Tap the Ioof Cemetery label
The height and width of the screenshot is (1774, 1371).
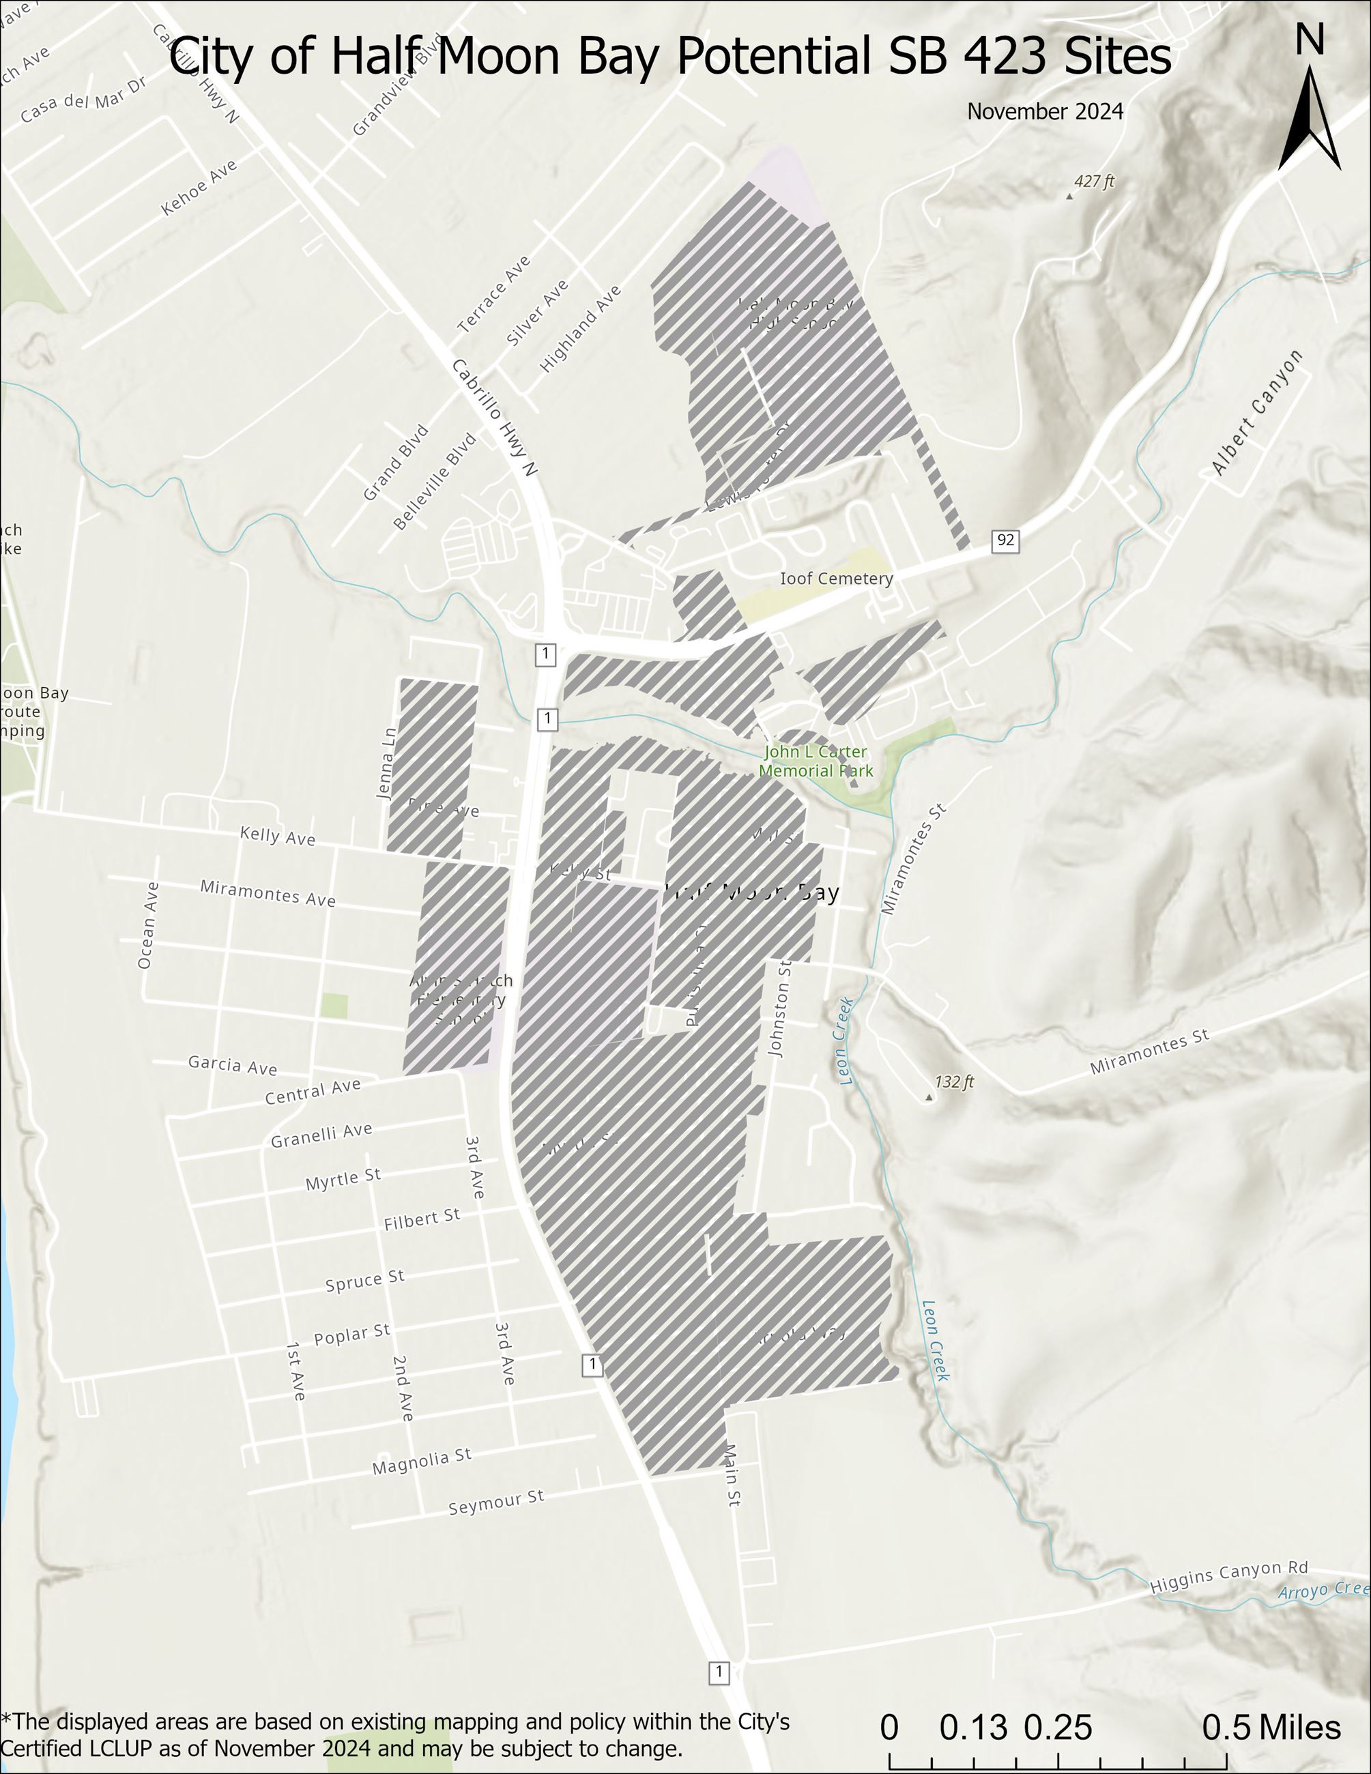836,579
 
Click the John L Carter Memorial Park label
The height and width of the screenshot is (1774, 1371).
816,761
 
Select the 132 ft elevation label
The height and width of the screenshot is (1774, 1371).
953,1082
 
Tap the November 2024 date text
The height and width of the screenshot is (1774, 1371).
1045,112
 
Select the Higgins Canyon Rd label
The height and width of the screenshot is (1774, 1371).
1228,1577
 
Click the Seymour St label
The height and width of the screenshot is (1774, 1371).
495,1502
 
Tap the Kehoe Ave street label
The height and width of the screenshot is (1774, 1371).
199,188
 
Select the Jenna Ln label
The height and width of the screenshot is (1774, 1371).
388,763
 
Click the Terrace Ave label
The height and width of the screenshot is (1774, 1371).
494,294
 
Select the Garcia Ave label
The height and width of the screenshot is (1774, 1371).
232,1064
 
